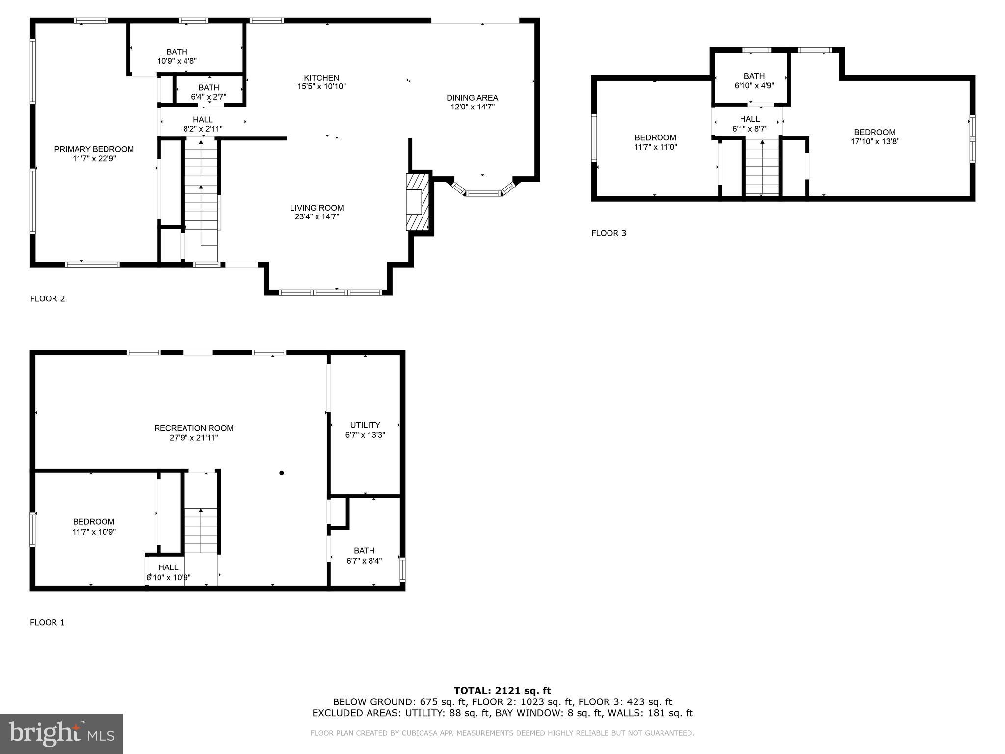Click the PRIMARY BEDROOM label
tap(94, 149)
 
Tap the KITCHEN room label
tap(321, 78)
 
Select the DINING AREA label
tap(472, 98)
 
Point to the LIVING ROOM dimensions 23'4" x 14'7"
tap(317, 216)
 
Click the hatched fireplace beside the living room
tap(417, 201)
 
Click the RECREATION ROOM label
tap(193, 428)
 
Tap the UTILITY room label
tap(365, 425)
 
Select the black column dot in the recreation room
tap(282, 473)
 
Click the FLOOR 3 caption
tap(608, 233)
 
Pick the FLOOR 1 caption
tap(47, 623)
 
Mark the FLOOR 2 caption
tap(47, 299)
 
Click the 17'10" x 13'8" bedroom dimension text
tap(875, 142)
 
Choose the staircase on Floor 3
tap(762, 167)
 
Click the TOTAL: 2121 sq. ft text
tap(502, 691)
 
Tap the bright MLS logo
tap(61, 733)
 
